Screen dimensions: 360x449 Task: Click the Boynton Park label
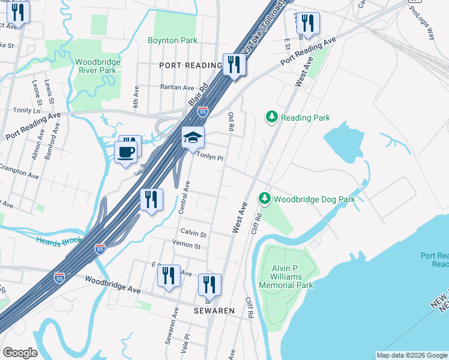[173, 40]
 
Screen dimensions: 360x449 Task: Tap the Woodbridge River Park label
[98, 66]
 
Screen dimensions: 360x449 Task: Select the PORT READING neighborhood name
[191, 65]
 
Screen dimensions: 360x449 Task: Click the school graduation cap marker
[193, 138]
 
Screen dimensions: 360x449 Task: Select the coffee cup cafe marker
[125, 152]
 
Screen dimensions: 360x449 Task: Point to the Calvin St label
[194, 233]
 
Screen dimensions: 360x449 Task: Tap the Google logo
[20, 352]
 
